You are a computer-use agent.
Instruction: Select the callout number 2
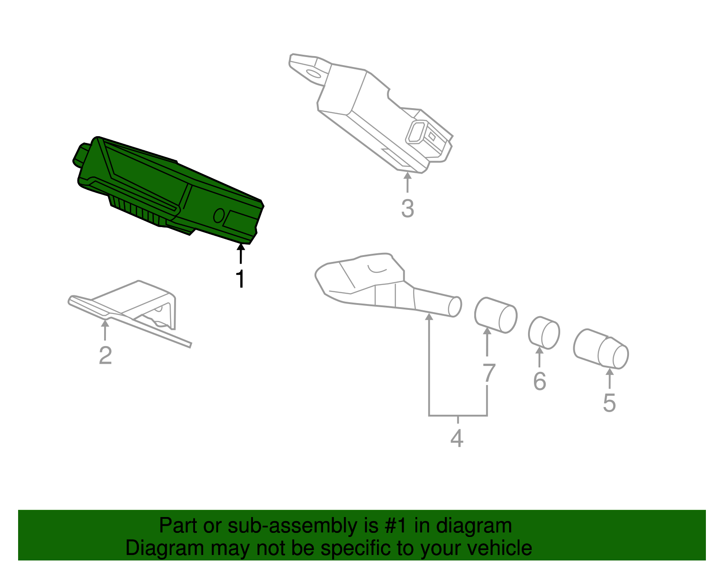point(105,356)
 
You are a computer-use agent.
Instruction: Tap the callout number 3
point(407,209)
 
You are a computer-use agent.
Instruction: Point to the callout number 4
point(457,438)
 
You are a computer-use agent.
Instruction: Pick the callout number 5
point(609,403)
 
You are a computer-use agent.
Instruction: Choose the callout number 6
point(539,381)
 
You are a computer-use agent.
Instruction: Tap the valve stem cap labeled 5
point(601,349)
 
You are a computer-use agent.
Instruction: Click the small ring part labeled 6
point(544,333)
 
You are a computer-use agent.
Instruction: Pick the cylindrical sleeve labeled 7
point(495,315)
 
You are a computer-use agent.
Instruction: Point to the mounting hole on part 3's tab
point(313,73)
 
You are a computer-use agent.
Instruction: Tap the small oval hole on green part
point(219,215)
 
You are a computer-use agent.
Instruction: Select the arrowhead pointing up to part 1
point(241,247)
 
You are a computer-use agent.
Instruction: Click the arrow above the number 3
point(407,181)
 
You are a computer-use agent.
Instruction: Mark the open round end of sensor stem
point(455,307)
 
